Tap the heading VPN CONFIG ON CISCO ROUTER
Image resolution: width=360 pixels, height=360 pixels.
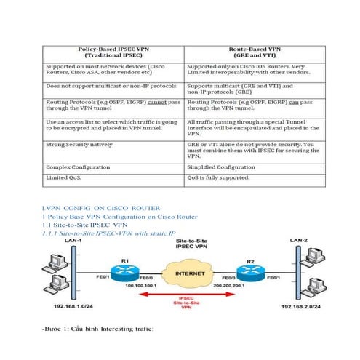[103, 208]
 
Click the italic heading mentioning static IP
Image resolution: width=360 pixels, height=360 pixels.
[110, 233]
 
